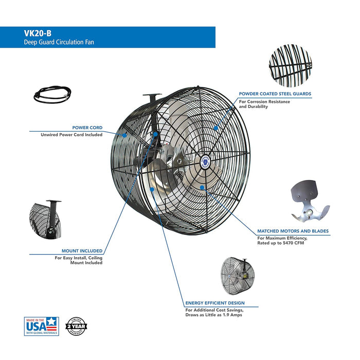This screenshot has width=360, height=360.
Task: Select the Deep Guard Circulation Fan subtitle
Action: click(x=58, y=42)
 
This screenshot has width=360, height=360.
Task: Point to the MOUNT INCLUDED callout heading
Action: click(x=82, y=250)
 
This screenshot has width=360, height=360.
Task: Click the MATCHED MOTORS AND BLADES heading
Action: click(x=293, y=231)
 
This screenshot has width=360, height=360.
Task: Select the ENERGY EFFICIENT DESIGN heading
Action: click(x=215, y=303)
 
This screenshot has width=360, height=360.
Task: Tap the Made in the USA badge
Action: click(x=42, y=326)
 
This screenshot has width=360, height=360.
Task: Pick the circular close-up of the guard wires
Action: click(x=291, y=65)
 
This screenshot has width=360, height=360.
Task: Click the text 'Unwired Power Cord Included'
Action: click(x=71, y=135)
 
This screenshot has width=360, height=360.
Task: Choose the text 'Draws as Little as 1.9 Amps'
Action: click(x=214, y=315)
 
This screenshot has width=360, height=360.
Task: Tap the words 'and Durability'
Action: click(x=254, y=106)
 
